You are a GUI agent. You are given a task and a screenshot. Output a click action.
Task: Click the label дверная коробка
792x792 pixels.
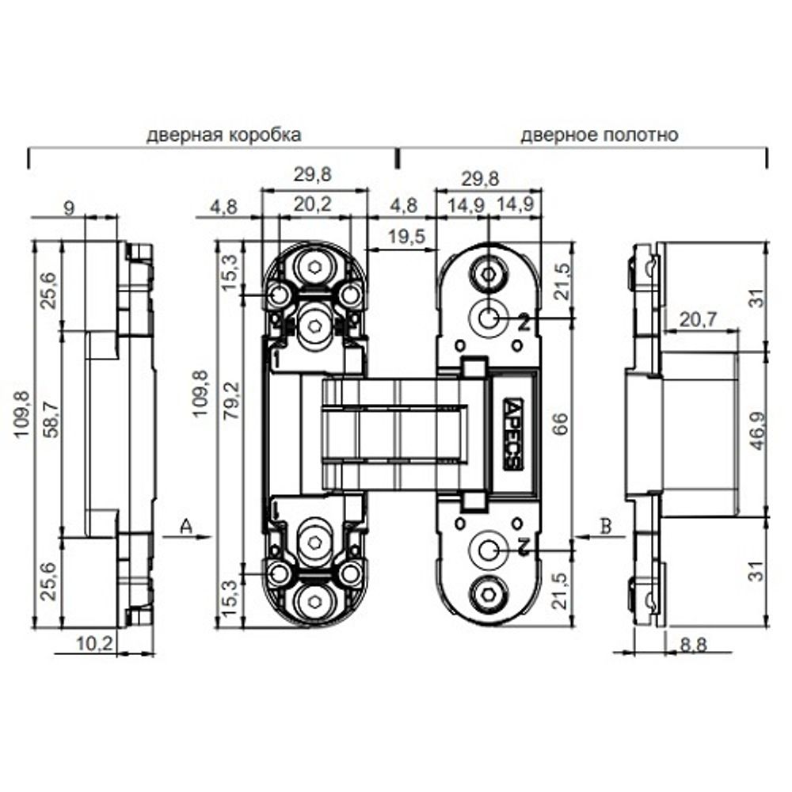point(223,134)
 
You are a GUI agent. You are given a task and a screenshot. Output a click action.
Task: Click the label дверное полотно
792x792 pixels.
point(599,134)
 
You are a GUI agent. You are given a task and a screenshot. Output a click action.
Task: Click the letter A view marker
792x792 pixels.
point(186,526)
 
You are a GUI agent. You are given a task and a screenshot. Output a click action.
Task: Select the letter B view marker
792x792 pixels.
point(606,526)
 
